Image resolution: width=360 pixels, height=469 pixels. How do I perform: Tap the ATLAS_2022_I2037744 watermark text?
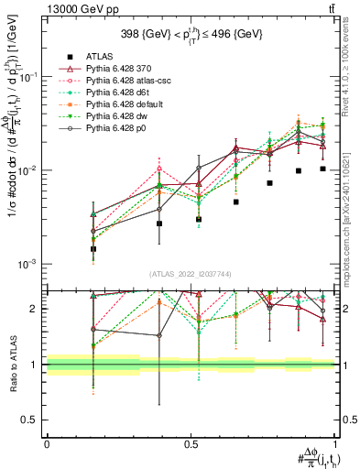(x=190, y=274)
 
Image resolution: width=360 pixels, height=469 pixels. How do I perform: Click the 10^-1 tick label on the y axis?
(x=29, y=78)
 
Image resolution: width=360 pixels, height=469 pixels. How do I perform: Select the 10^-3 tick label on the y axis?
(x=29, y=264)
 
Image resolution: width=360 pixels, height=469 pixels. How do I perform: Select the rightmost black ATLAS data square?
(x=322, y=169)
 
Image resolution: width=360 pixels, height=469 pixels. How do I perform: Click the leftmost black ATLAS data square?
(x=93, y=248)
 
